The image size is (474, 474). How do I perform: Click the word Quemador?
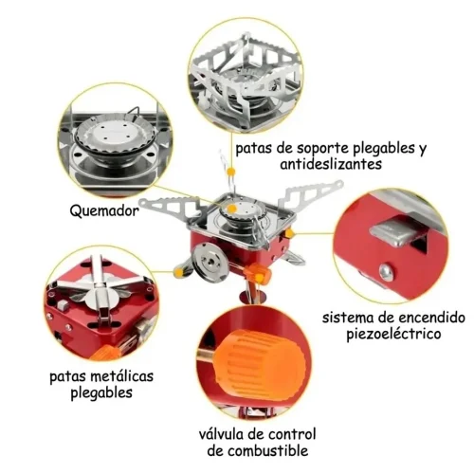click(104, 210)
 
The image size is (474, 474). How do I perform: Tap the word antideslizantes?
click(331, 164)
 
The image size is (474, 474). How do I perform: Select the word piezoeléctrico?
click(393, 334)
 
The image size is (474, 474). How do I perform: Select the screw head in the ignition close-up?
click(386, 272)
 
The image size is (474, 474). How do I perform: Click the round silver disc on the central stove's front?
click(210, 261)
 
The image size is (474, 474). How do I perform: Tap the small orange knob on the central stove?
click(259, 273)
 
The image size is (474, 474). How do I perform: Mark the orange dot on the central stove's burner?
click(232, 209)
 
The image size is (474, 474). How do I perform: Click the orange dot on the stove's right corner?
click(289, 234)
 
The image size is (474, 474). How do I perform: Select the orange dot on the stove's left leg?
click(178, 272)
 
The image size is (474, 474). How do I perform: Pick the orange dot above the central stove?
click(231, 172)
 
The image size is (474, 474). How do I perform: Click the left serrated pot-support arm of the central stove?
click(173, 206)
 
